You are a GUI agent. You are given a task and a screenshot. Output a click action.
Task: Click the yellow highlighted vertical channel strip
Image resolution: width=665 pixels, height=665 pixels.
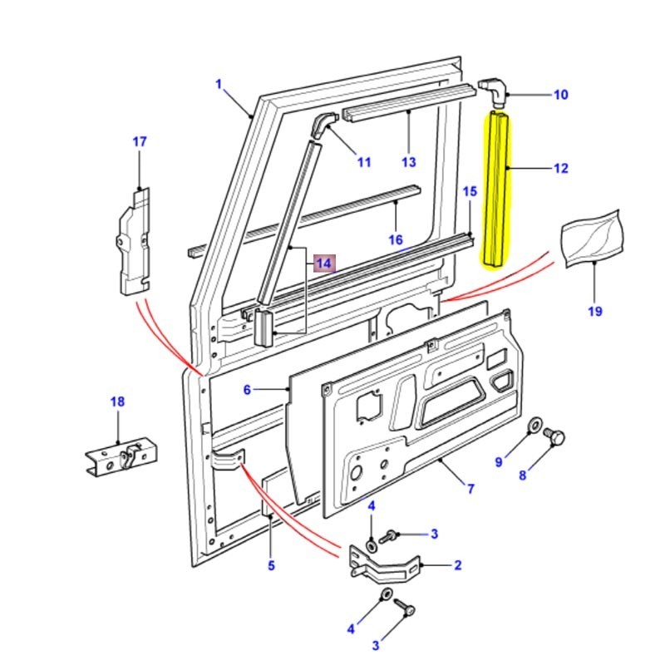click(498, 190)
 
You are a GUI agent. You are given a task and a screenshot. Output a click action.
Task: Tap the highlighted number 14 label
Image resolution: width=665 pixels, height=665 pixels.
click(323, 264)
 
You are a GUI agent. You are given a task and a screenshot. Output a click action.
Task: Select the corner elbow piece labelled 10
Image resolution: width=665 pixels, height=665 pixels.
click(494, 91)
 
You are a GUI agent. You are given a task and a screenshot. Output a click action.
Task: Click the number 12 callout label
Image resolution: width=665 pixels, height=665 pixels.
click(560, 169)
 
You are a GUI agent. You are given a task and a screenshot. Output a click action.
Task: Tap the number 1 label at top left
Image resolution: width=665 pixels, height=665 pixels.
click(219, 84)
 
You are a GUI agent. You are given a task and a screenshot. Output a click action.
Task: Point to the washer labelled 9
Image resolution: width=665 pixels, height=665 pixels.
click(533, 426)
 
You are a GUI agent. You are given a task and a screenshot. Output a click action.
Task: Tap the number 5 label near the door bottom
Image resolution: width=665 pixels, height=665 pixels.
click(270, 566)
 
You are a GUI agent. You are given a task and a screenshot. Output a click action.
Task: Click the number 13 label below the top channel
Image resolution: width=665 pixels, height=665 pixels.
click(407, 161)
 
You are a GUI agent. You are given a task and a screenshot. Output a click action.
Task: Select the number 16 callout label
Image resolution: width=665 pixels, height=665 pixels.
click(396, 239)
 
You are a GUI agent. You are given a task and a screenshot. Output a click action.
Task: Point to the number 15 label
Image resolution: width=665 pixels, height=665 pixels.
click(470, 192)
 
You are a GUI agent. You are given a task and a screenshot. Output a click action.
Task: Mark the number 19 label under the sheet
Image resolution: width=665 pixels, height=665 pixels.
click(595, 312)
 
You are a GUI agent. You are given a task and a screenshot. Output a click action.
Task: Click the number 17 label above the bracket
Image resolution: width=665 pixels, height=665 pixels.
click(139, 141)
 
